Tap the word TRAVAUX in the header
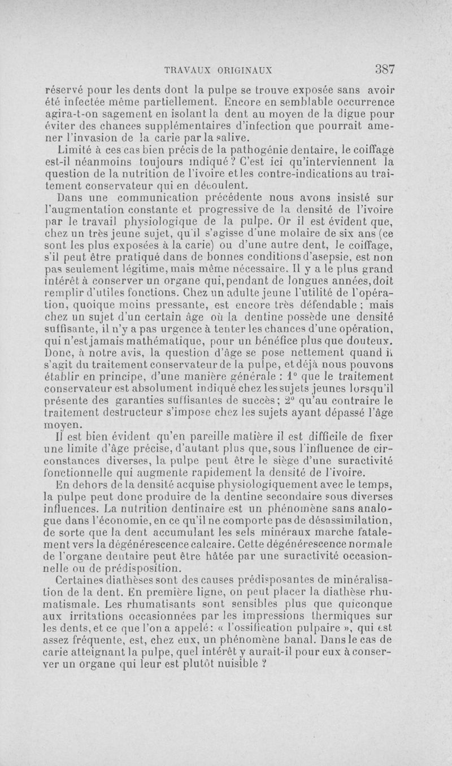187,71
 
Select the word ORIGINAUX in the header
246,71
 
